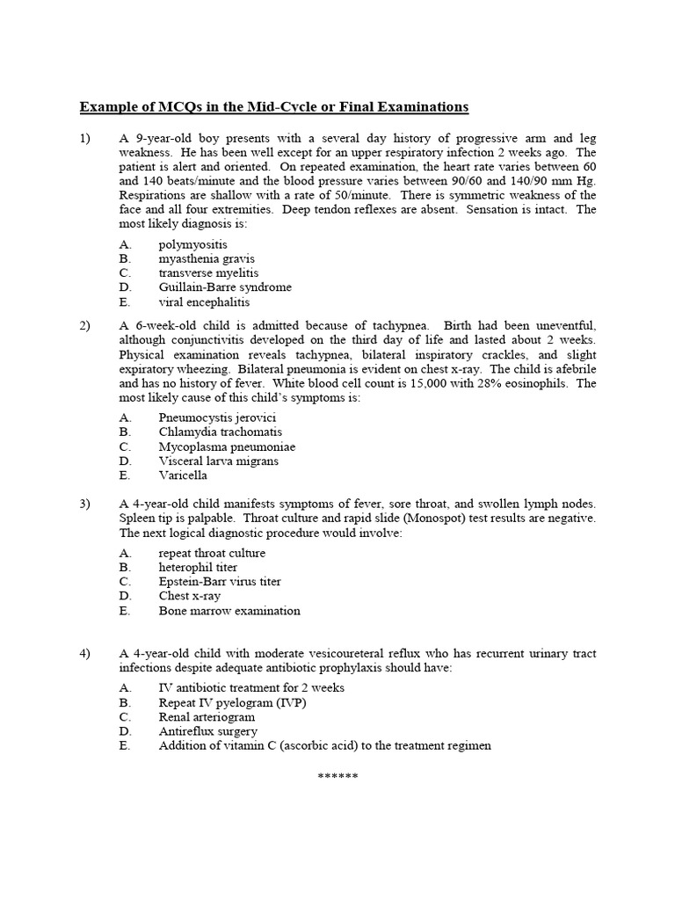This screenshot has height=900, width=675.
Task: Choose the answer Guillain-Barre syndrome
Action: [225, 287]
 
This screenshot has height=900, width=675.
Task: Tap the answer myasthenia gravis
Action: [207, 258]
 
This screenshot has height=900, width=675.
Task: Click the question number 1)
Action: [85, 138]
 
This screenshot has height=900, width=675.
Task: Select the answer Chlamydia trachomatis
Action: [221, 432]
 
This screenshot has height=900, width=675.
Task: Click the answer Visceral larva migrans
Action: [219, 461]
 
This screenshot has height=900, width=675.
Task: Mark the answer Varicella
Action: [185, 475]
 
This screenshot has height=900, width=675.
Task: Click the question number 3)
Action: [85, 504]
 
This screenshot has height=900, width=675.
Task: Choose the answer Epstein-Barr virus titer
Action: [220, 582]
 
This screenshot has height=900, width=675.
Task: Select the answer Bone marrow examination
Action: [229, 611]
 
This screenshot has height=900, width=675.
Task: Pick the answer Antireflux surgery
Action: [208, 731]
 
